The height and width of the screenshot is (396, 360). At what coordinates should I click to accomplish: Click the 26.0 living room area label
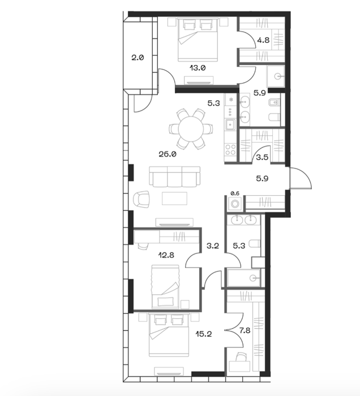click(167, 154)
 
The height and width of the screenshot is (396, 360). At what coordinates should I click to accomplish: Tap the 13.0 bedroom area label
click(198, 68)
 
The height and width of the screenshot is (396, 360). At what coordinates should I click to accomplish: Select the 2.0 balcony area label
click(138, 58)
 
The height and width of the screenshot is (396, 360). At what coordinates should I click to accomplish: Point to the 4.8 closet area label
click(263, 40)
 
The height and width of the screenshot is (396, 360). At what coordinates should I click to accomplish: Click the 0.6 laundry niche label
click(235, 193)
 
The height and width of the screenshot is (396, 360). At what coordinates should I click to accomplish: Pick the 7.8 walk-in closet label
click(244, 330)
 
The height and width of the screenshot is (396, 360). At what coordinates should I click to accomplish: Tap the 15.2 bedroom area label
click(204, 334)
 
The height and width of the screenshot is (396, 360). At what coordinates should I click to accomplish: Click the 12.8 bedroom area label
click(166, 255)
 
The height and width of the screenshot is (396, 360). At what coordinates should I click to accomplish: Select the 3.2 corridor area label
click(213, 246)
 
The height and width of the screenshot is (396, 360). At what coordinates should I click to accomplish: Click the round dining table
click(191, 129)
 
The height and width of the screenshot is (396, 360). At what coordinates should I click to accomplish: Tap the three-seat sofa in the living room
click(174, 177)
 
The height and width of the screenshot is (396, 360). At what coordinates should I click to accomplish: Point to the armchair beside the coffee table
click(141, 200)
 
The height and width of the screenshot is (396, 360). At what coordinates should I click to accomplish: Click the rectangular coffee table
click(174, 199)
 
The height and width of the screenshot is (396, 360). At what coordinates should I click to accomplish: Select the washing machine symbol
click(235, 203)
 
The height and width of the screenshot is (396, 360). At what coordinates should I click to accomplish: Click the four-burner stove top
click(230, 150)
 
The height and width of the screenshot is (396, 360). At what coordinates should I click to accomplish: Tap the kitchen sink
click(230, 124)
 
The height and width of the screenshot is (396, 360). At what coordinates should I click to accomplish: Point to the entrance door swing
click(301, 178)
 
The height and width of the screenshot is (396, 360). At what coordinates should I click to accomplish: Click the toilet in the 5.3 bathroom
click(254, 244)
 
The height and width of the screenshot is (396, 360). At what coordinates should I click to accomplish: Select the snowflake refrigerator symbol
click(230, 100)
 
